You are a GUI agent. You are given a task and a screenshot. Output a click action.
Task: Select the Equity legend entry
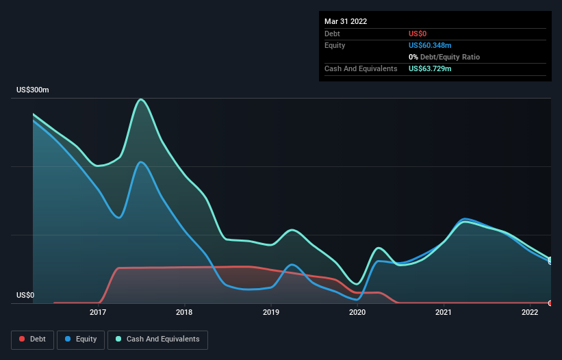pos(81,339)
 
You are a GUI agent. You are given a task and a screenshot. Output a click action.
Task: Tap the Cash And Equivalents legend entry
pos(157,339)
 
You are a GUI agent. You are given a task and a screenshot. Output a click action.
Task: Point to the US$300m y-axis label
pos(33,90)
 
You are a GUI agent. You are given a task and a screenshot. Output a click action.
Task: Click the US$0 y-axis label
pos(26,295)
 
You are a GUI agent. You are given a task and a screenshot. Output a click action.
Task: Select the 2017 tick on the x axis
pos(98,313)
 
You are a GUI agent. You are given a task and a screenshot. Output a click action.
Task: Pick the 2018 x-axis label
pos(184,313)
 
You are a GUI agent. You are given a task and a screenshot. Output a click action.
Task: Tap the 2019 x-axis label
pos(271,313)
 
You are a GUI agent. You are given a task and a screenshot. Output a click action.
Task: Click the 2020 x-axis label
pos(357,313)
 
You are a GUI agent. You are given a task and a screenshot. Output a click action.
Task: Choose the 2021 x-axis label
pos(444,313)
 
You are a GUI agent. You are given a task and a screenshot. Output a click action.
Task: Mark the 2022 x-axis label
pos(530,313)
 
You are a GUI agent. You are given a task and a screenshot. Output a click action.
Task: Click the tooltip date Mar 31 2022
pos(346,21)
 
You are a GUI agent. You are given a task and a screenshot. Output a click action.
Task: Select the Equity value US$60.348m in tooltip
pos(430,45)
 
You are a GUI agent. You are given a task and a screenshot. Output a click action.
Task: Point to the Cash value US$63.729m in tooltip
pos(430,68)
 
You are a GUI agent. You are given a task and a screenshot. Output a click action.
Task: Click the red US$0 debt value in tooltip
pos(418,34)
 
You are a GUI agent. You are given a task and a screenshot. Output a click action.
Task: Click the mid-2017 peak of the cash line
pos(141,99)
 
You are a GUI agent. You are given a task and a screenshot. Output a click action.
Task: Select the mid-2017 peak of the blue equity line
pos(141,162)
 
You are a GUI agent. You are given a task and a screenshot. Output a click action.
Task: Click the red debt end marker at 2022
pos(550,303)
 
